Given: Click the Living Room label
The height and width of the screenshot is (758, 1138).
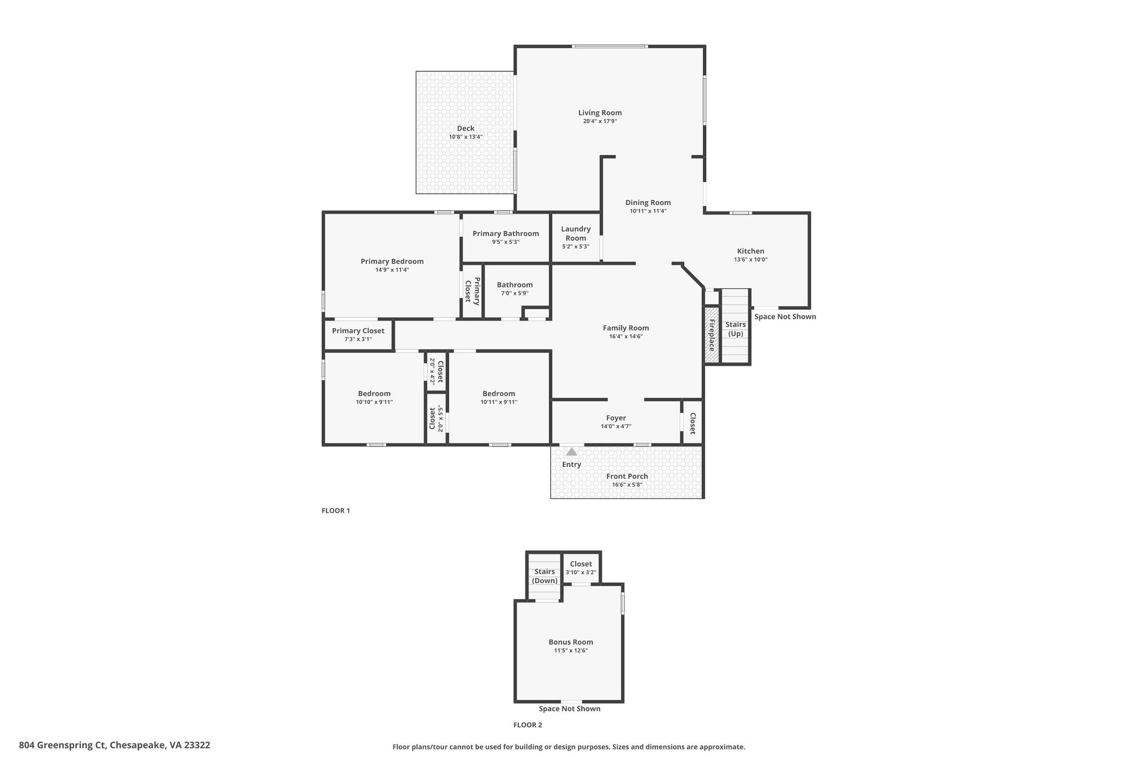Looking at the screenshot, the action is pyautogui.click(x=600, y=113).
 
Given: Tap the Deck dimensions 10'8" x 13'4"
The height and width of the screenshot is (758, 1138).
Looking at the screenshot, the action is pyautogui.click(x=466, y=137).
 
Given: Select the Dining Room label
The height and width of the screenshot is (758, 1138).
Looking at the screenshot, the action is pyautogui.click(x=648, y=203).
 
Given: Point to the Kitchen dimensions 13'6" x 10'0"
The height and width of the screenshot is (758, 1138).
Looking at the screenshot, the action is pyautogui.click(x=751, y=259).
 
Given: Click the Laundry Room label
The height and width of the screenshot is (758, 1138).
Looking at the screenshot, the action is pyautogui.click(x=576, y=233).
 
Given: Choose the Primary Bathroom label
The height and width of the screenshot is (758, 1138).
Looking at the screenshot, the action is pyautogui.click(x=506, y=233).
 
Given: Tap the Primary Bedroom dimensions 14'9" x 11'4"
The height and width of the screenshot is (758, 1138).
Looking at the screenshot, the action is pyautogui.click(x=392, y=270).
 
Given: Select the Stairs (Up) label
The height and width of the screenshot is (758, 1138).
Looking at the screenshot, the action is pyautogui.click(x=736, y=329).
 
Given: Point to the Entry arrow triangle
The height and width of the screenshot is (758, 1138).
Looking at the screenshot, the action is pyautogui.click(x=572, y=452).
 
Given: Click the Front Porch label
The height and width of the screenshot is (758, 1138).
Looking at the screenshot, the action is pyautogui.click(x=627, y=476).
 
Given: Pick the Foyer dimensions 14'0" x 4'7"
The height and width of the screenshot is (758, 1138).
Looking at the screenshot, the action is pyautogui.click(x=616, y=426).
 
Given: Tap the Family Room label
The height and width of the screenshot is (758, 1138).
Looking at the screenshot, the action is pyautogui.click(x=626, y=328).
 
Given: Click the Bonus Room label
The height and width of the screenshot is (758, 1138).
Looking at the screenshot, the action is pyautogui.click(x=571, y=642).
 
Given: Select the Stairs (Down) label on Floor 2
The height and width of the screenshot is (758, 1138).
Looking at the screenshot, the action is pyautogui.click(x=545, y=576).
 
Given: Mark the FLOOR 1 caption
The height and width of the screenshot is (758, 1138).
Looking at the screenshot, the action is pyautogui.click(x=336, y=510).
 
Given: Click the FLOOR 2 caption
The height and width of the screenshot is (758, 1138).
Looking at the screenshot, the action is pyautogui.click(x=527, y=725).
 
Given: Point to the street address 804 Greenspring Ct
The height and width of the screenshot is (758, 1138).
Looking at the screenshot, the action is pyautogui.click(x=62, y=745).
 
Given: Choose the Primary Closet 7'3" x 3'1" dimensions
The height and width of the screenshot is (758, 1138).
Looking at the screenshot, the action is pyautogui.click(x=358, y=339).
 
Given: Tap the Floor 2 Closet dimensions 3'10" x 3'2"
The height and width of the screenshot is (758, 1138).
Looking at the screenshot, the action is pyautogui.click(x=581, y=573).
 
